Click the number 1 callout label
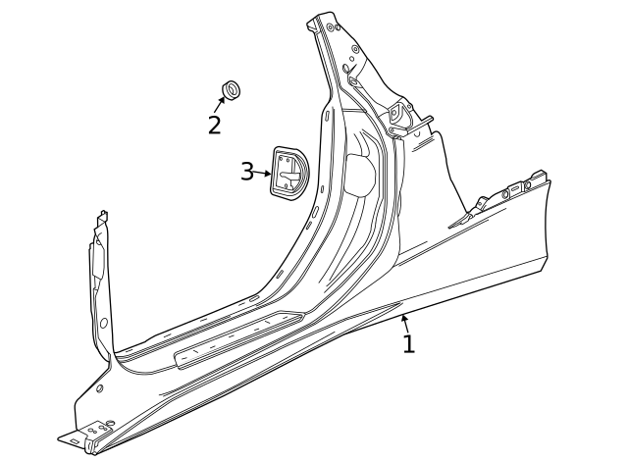(408, 343)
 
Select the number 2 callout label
(214, 125)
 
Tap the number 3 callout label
(247, 171)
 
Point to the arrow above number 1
(403, 322)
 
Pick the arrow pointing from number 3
(263, 173)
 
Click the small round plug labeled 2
(233, 91)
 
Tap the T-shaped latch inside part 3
(288, 174)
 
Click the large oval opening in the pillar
(361, 177)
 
